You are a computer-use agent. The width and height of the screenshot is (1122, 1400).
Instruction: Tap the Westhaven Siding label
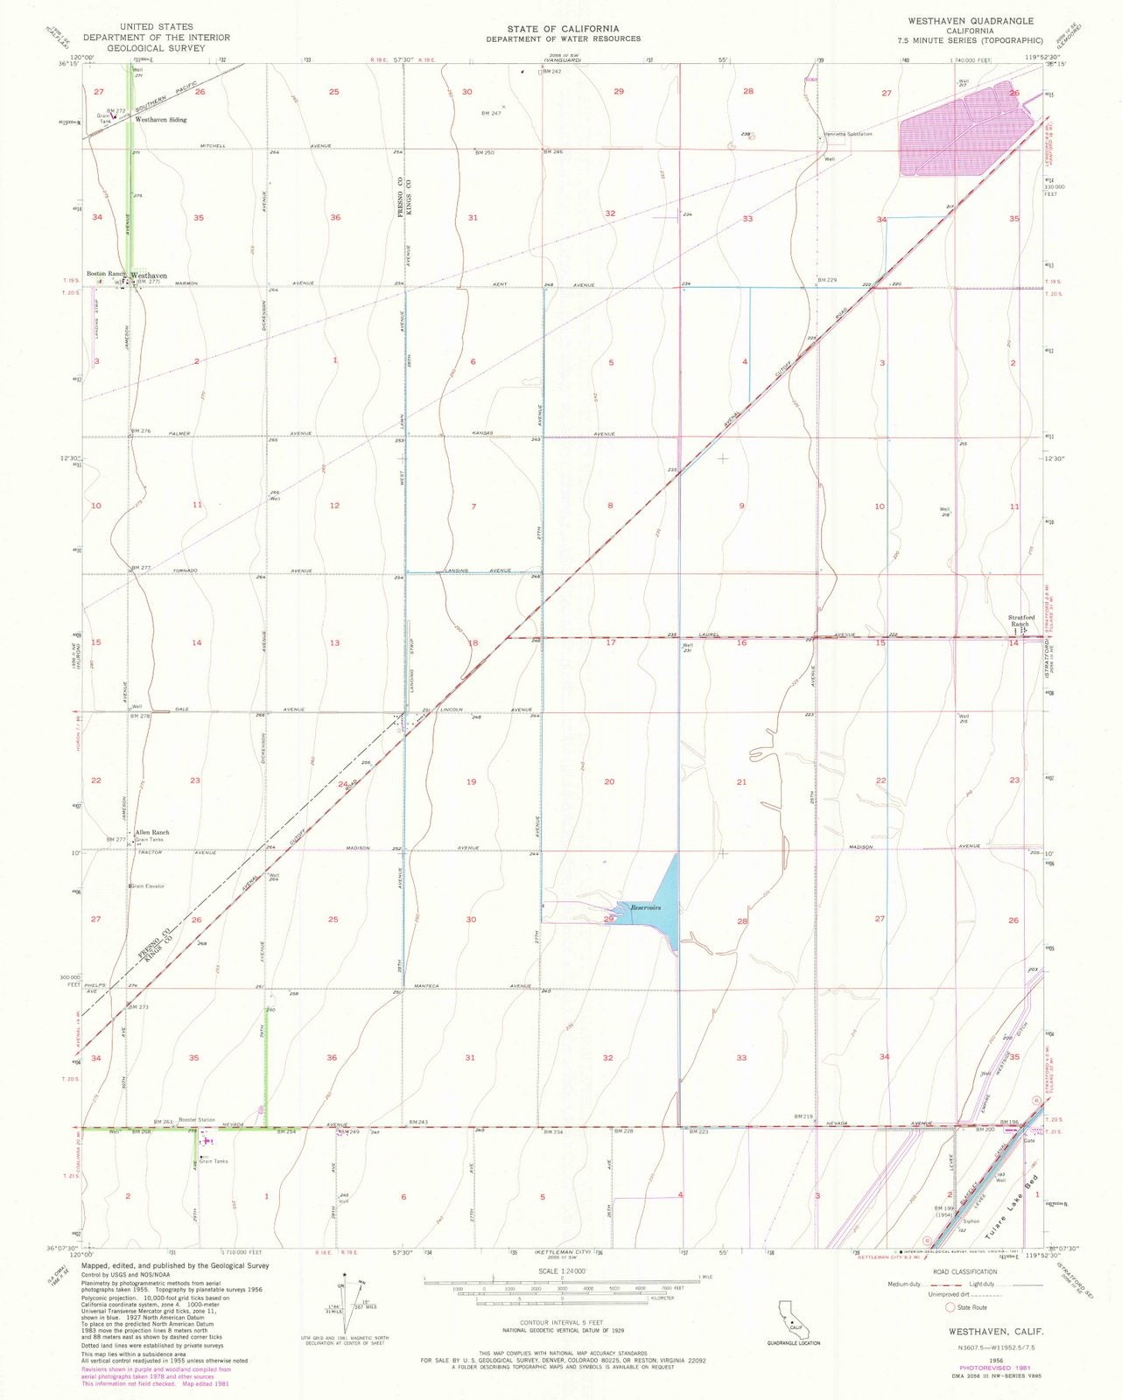point(161,120)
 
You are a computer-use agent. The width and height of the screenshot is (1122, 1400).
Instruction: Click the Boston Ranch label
point(105,274)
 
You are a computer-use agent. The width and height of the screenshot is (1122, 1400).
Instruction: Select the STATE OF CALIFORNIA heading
point(564,29)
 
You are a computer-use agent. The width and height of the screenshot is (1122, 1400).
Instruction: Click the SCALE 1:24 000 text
point(561,1270)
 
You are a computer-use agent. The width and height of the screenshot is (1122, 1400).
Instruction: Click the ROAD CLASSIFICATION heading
point(964,1272)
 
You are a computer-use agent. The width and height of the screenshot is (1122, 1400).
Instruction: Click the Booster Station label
point(196,1120)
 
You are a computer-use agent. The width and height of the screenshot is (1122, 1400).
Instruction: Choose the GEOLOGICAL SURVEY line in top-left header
point(156,48)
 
